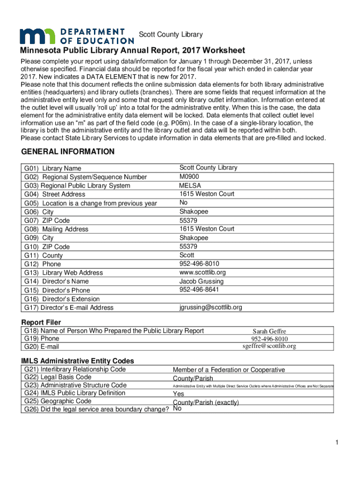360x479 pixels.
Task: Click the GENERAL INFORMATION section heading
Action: pos(68,152)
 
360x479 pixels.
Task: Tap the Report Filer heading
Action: pos(41,322)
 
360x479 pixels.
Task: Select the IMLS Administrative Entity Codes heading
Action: pos(78,361)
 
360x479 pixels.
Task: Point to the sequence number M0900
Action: pos(189,176)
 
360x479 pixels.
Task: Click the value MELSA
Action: pos(190,185)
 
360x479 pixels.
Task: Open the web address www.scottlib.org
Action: pos(202,272)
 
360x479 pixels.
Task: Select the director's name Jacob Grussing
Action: pos(202,281)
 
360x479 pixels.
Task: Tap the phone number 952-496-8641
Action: pos(199,290)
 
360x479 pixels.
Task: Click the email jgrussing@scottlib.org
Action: pos(210,307)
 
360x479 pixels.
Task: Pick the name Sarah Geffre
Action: pos(269,331)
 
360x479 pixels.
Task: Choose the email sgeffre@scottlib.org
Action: pos(269,346)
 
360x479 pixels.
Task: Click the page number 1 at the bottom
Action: pos(336,443)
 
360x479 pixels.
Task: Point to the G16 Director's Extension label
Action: pos(62,299)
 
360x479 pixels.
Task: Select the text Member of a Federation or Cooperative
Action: pos(229,370)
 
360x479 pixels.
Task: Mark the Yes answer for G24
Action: pos(178,394)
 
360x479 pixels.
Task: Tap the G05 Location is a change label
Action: pos(91,203)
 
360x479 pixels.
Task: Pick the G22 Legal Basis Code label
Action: pos(58,377)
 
